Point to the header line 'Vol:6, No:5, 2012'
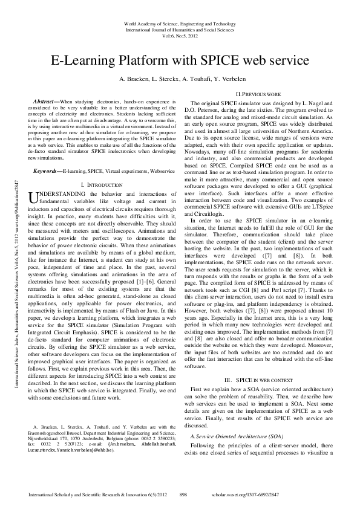pos(180,35)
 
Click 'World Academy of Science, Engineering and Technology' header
pos(180,23)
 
